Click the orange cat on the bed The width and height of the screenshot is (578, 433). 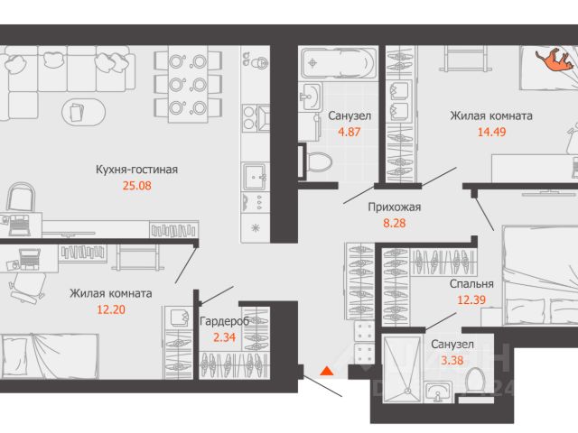point(555,60)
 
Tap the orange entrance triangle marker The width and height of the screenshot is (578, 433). point(327,371)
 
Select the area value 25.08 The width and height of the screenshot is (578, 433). point(136,186)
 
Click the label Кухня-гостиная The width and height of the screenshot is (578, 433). point(136,170)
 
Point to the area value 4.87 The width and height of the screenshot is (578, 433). point(350,132)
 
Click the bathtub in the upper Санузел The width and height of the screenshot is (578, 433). point(337,62)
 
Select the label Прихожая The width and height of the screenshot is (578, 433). point(394,207)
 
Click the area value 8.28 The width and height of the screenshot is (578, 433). point(394,223)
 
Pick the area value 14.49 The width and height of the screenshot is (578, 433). point(491,132)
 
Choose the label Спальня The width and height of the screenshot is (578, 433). point(471,284)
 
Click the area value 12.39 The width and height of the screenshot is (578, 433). point(471,299)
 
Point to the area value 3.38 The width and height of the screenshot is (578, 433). point(452,360)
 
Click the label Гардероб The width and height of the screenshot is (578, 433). point(224,321)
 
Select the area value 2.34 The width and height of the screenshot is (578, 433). point(224,337)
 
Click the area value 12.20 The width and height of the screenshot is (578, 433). point(111,309)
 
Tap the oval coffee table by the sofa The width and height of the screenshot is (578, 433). point(84,112)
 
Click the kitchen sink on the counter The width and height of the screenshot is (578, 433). point(255,176)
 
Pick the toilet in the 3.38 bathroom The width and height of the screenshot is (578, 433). point(474,381)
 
